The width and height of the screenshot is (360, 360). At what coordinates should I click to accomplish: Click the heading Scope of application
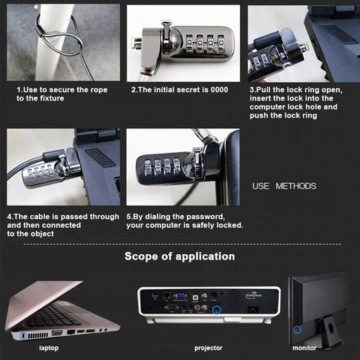(180, 256)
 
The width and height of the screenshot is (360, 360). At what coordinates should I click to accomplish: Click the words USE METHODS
(284, 186)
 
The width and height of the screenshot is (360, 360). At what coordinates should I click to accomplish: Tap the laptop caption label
(49, 348)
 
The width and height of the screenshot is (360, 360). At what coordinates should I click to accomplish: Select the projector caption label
(208, 348)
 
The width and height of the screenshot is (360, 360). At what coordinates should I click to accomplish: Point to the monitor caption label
(304, 348)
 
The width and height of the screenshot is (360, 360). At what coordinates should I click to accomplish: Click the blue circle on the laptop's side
(23, 335)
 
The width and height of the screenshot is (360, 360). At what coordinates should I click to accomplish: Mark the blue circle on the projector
(217, 310)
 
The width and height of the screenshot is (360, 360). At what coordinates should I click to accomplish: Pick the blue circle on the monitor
(297, 330)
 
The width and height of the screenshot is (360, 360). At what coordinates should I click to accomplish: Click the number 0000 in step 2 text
(219, 90)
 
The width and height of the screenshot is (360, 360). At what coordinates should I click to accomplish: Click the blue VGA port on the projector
(181, 296)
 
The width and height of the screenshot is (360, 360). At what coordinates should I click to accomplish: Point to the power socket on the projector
(253, 310)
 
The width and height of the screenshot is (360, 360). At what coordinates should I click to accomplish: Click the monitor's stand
(331, 331)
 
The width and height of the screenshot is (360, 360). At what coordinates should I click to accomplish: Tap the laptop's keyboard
(54, 316)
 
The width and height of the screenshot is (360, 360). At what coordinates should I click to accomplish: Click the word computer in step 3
(268, 107)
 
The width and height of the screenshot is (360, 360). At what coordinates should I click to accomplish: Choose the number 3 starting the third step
(251, 90)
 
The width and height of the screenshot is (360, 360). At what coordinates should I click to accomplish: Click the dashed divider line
(182, 244)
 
